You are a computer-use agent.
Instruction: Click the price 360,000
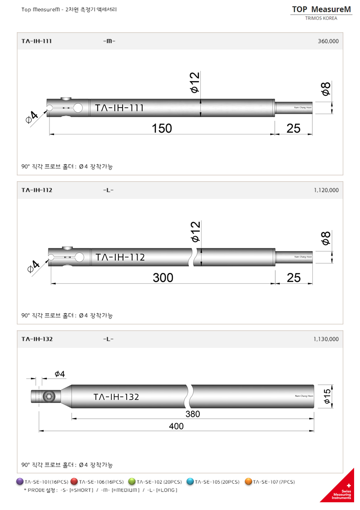(328, 41)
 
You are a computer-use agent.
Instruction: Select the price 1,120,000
(325, 190)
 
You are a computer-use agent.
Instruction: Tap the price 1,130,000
(325, 339)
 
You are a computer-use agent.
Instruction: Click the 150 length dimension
(162, 129)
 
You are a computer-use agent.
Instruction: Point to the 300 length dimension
(163, 277)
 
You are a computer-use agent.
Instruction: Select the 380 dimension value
(192, 414)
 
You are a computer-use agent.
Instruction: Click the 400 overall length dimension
(176, 426)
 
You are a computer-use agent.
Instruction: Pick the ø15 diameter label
(327, 396)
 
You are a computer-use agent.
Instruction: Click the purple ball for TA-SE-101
(20, 481)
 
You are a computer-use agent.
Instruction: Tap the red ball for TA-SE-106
(74, 481)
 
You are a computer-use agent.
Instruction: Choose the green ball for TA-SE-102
(132, 481)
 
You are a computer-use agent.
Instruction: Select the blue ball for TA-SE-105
(190, 481)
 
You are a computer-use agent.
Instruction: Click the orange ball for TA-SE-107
(248, 481)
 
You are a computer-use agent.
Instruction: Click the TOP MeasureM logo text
(321, 9)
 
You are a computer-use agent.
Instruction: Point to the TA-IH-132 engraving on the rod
(116, 397)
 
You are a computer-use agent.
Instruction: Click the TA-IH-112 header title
(37, 190)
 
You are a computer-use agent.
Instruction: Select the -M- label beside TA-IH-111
(109, 41)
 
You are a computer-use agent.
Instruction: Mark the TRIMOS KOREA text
(321, 19)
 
